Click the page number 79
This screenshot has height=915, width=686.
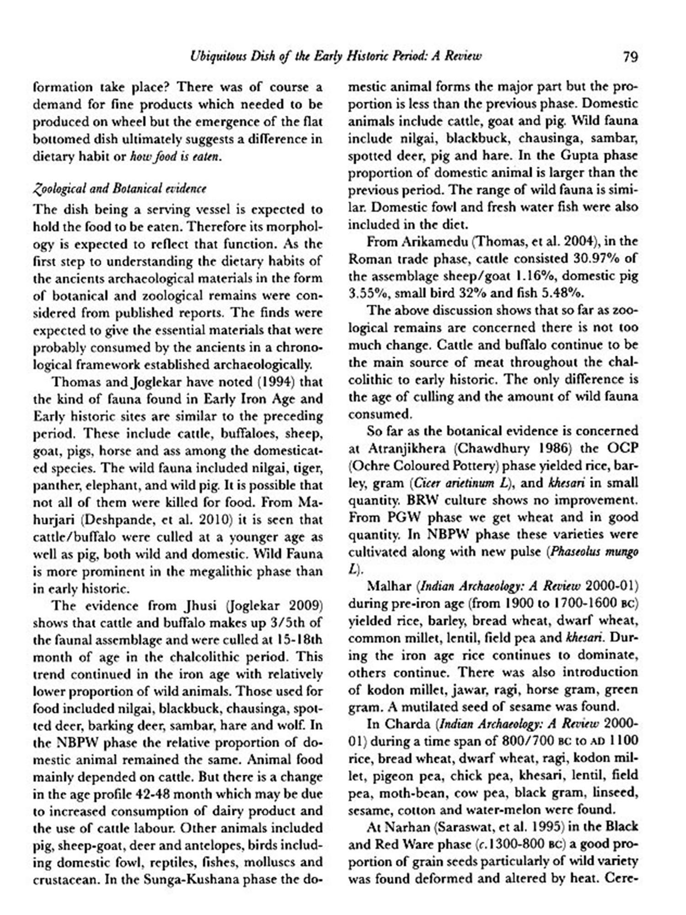(x=630, y=57)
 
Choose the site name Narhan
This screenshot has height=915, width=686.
(x=407, y=827)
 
